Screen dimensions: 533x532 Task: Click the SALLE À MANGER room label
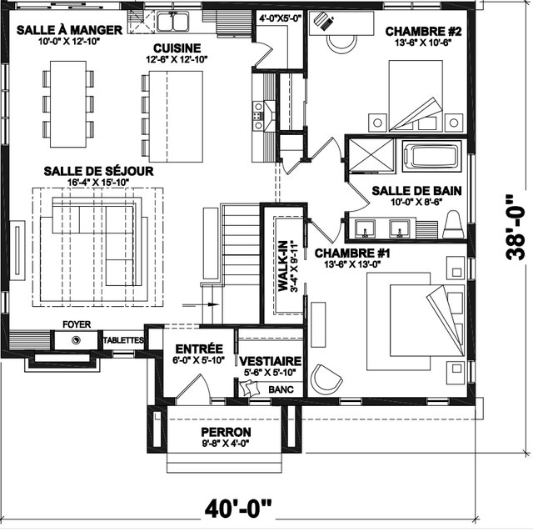69,30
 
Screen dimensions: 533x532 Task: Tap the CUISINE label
177,48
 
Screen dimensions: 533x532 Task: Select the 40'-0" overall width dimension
238,508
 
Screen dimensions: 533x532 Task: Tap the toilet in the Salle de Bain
453,224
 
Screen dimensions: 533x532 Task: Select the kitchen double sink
172,22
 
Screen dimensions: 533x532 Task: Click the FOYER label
77,324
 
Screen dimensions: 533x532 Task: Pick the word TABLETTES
123,340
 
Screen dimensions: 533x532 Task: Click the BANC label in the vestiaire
281,389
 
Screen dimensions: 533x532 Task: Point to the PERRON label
226,432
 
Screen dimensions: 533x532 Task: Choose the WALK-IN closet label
283,266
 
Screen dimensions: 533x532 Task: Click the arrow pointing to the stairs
201,304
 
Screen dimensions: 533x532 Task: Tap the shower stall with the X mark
371,154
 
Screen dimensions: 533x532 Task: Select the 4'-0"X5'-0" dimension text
281,18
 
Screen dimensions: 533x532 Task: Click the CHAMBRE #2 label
423,32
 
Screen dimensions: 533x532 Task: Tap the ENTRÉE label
199,349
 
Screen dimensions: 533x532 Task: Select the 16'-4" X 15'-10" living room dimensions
98,183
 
